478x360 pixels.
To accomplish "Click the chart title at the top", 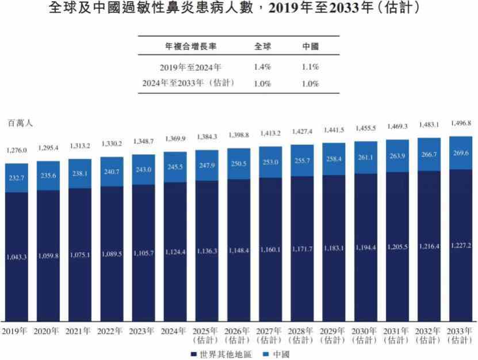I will pyautogui.click(x=239, y=9).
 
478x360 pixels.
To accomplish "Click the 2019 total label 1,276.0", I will pyautogui.click(x=17, y=151).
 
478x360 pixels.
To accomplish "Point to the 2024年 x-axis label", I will pyautogui.click(x=174, y=331).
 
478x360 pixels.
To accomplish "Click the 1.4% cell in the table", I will pyautogui.click(x=262, y=67).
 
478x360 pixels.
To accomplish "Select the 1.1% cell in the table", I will pyautogui.click(x=310, y=67).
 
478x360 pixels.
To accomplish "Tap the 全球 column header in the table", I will pyautogui.click(x=262, y=46).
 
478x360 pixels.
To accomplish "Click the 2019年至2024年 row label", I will pyautogui.click(x=190, y=67).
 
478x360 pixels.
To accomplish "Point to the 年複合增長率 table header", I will pyautogui.click(x=190, y=46).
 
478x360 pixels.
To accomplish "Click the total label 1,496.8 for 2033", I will pyautogui.click(x=460, y=123).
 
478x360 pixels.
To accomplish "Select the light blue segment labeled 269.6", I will pyautogui.click(x=460, y=153).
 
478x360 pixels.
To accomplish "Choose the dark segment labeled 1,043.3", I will pyautogui.click(x=17, y=256).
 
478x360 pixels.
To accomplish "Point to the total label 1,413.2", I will pyautogui.click(x=270, y=133).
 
